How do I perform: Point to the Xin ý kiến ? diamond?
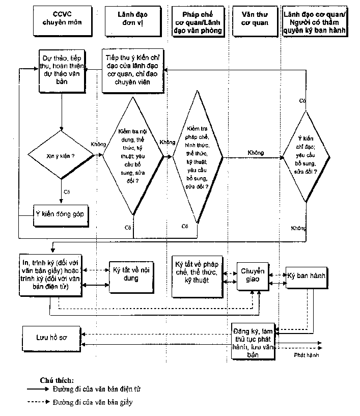[62, 155]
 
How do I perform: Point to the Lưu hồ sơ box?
[51, 338]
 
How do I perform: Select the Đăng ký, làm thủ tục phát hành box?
[253, 341]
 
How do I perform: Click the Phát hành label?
[306, 355]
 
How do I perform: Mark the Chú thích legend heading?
[57, 380]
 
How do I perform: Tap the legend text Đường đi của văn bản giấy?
[92, 402]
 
